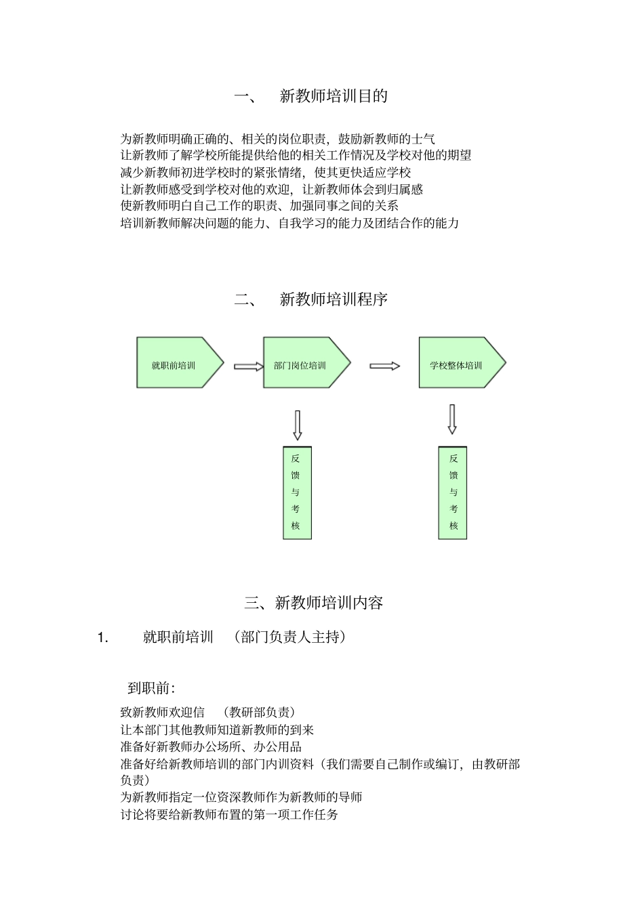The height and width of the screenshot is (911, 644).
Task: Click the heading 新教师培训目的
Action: click(333, 96)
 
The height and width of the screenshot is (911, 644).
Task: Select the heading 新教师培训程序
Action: click(333, 299)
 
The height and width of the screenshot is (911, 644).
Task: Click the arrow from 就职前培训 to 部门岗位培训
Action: click(249, 366)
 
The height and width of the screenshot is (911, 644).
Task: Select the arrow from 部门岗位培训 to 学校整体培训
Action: click(384, 366)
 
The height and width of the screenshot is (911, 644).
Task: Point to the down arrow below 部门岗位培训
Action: click(297, 425)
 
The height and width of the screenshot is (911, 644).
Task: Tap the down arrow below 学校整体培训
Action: click(452, 419)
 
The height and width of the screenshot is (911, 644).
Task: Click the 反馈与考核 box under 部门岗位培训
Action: click(297, 492)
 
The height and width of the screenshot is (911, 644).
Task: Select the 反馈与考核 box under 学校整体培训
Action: click(453, 492)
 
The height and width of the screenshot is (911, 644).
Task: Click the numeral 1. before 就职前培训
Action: click(102, 637)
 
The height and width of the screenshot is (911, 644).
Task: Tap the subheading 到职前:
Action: click(151, 688)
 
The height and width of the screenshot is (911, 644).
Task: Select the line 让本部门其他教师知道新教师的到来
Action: click(217, 730)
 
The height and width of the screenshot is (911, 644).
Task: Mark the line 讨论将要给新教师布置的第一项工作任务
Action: click(229, 815)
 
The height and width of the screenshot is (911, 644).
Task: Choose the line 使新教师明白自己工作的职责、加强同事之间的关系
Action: click(259, 206)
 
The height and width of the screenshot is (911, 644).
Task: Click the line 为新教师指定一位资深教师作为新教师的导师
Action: click(241, 797)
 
